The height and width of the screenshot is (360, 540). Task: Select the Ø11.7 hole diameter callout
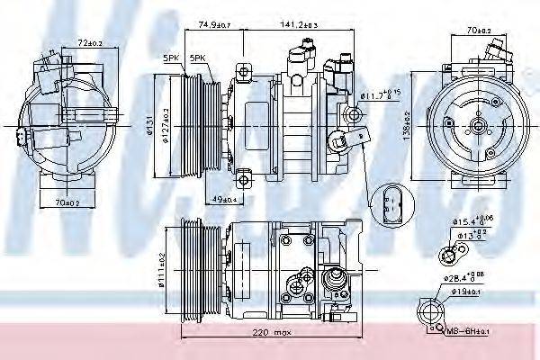point(382,94)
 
